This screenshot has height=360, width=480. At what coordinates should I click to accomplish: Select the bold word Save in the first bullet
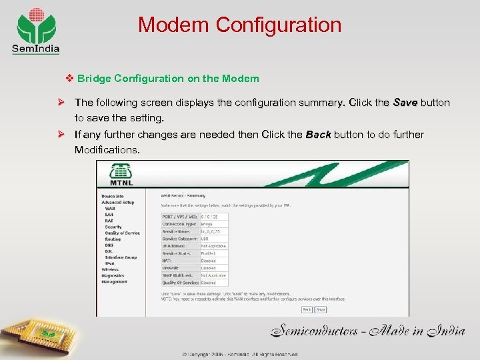click(405, 103)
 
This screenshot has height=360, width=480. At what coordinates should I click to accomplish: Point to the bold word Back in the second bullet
click(319, 135)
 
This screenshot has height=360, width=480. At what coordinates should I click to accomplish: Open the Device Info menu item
click(113, 196)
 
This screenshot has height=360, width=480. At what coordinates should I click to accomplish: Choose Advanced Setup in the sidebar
click(117, 202)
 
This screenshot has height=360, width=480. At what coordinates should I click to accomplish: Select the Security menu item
click(113, 227)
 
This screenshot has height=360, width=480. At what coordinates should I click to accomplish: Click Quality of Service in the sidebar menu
click(122, 233)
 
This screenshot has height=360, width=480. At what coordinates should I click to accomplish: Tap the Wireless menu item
click(111, 269)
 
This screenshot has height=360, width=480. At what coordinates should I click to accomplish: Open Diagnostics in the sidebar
click(113, 275)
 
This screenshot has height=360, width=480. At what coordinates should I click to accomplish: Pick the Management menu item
click(115, 281)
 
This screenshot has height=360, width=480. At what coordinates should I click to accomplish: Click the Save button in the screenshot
click(321, 309)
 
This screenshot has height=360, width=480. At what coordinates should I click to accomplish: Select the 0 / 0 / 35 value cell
click(213, 217)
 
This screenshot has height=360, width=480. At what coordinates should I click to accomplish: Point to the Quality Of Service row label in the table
click(179, 282)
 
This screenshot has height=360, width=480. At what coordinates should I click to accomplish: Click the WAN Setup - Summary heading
click(183, 195)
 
